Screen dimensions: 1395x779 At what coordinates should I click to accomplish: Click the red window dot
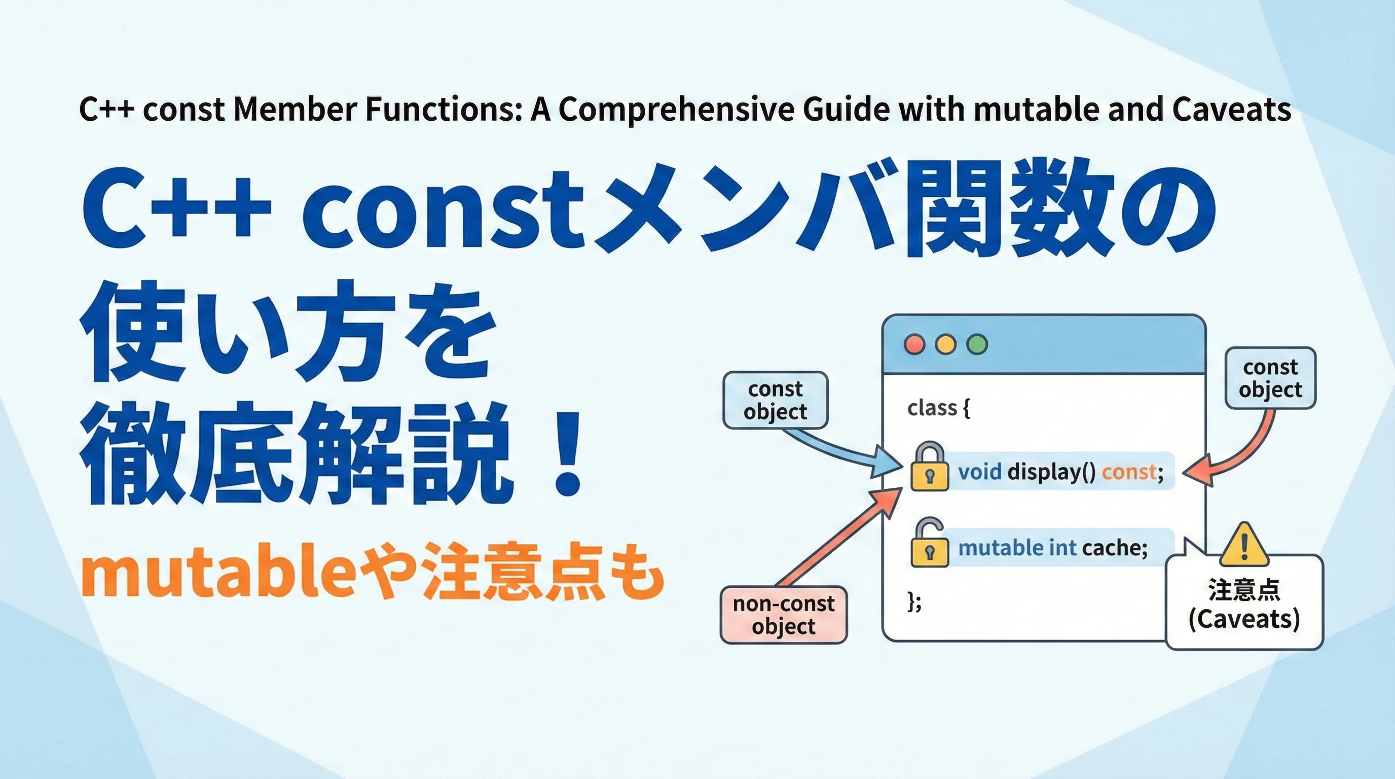pos(914,344)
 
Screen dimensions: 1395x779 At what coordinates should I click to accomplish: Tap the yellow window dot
pos(946,344)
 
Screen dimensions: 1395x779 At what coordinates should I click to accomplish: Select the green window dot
pos(977,344)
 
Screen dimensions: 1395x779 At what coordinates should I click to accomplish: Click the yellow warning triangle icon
pos(1245,544)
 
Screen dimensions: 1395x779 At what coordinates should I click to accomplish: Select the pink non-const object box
pos(784,615)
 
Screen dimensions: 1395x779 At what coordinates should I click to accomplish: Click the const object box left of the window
pos(776,400)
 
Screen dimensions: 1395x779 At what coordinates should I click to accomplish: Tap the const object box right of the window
pos(1270,378)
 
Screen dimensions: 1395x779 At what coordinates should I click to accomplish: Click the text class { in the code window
pos(938,408)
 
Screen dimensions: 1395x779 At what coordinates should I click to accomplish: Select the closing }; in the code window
pos(914,601)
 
